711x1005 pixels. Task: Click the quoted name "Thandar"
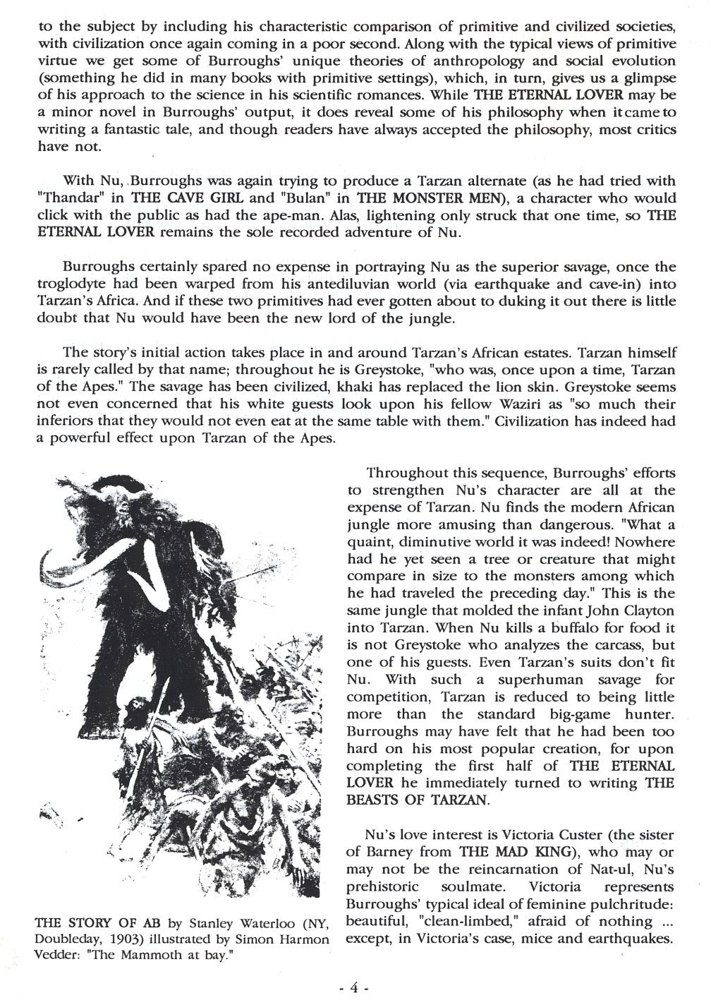(67, 198)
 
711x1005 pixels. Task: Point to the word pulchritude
(629, 904)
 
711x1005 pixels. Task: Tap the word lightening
(408, 216)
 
